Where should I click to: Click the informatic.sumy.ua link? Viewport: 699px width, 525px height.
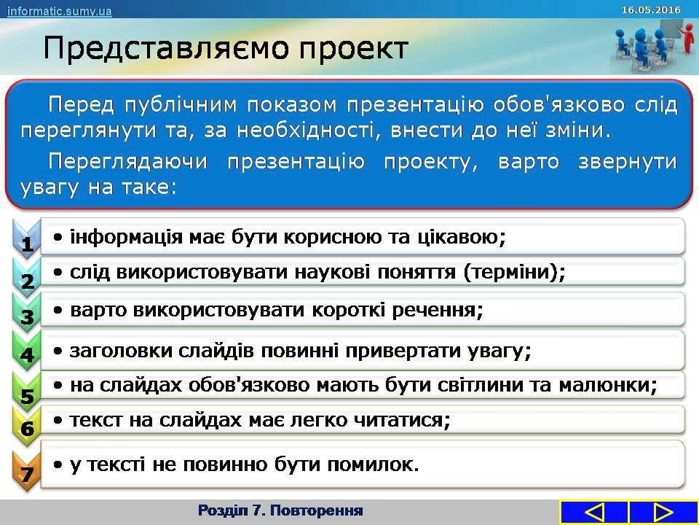point(59,11)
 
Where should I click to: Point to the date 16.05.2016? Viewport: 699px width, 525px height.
point(651,9)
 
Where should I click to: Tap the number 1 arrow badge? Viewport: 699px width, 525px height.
point(27,239)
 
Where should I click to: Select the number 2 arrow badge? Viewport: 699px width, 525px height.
point(27,277)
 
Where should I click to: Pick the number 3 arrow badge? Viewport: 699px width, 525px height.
point(27,313)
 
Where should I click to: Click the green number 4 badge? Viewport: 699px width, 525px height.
point(27,351)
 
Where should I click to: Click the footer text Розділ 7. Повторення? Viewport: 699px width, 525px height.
point(280,510)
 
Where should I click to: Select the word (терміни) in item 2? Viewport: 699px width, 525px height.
point(515,272)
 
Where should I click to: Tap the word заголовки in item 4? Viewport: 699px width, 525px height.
point(121,351)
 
